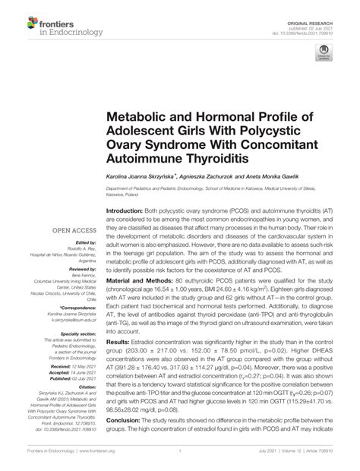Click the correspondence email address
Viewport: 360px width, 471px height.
67,321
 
